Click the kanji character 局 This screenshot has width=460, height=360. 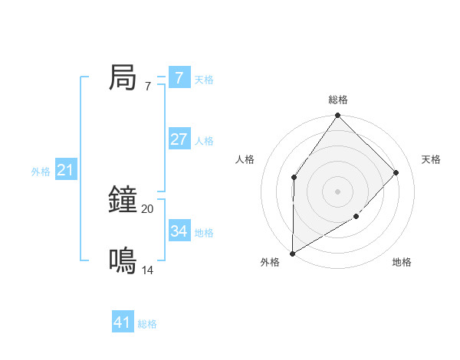123,78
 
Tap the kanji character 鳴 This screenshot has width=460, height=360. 123,261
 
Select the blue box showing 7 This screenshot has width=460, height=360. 179,78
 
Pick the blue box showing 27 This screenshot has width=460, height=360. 179,139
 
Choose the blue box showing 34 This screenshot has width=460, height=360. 179,231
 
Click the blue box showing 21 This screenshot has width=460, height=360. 65,170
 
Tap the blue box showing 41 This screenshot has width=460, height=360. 123,322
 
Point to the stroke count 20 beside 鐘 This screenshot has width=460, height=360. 147,208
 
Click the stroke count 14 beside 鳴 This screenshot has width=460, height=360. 147,270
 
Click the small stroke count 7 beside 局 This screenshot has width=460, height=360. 147,86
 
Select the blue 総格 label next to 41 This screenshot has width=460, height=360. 147,324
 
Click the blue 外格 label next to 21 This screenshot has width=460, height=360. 41,172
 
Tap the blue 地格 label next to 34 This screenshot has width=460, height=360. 204,232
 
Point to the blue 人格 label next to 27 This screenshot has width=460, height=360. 204,141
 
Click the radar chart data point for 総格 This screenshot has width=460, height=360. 337,116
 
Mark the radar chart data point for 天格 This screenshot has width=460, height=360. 396,172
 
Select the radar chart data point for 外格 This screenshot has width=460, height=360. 292,254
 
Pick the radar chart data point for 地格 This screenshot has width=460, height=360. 356,218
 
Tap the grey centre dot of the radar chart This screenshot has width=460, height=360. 337,191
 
